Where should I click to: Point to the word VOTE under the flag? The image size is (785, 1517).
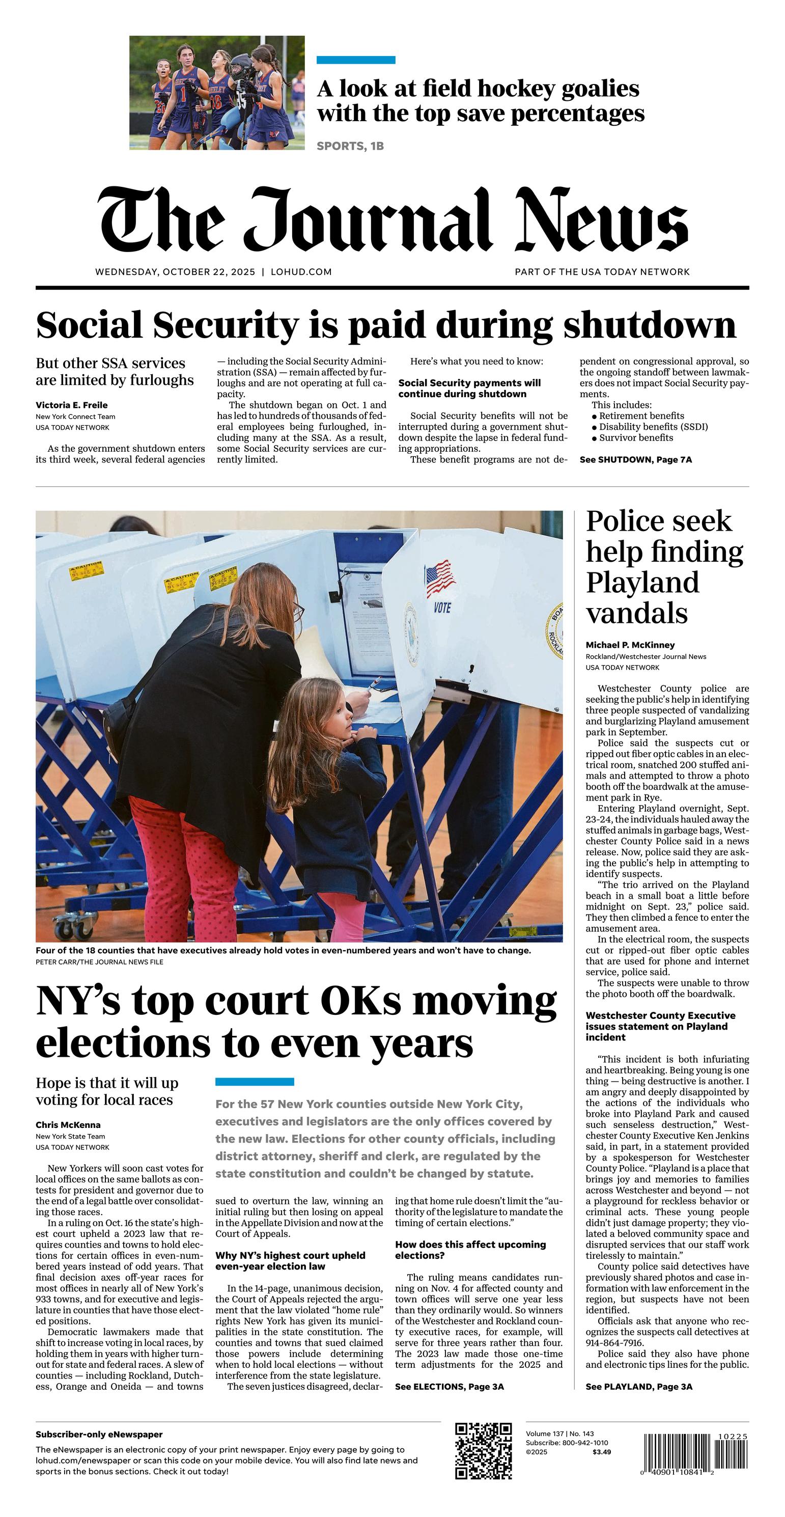click(x=442, y=607)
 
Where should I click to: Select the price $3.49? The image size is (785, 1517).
click(x=601, y=1452)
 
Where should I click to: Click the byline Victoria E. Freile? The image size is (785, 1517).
click(x=71, y=405)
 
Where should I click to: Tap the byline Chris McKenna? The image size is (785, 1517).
click(x=68, y=1125)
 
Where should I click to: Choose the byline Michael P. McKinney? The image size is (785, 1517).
click(x=630, y=645)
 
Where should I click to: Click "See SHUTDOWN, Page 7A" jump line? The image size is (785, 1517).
click(x=635, y=459)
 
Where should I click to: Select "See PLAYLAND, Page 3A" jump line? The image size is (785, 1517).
click(x=638, y=1387)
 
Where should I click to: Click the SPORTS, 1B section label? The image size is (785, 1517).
click(x=350, y=146)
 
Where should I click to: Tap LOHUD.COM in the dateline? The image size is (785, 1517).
click(x=301, y=272)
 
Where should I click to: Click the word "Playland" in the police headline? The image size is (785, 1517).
click(x=642, y=583)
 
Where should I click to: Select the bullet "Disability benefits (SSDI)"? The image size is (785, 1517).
click(x=653, y=427)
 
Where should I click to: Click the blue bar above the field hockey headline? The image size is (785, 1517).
click(x=356, y=60)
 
